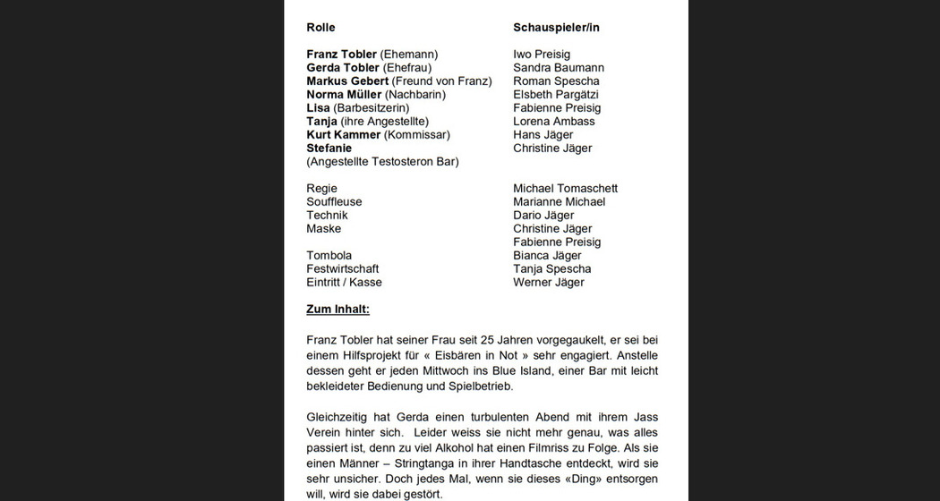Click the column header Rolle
coord(320,28)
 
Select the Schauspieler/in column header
coord(556,28)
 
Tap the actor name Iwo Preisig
coord(542,55)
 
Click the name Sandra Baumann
coord(559,68)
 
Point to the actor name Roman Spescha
coord(556,81)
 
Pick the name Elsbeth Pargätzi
coord(556,95)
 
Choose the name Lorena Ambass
coord(553,122)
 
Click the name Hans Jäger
coord(543,135)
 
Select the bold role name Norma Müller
coord(344,95)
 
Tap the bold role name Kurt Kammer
coord(343,135)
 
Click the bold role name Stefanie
coord(329,149)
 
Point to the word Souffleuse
coord(334,202)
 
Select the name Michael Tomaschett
coord(565,189)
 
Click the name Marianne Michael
coord(559,202)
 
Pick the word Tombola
coord(329,256)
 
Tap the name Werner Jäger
coord(548,283)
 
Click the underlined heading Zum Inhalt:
coord(338,310)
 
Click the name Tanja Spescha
coord(551,269)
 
